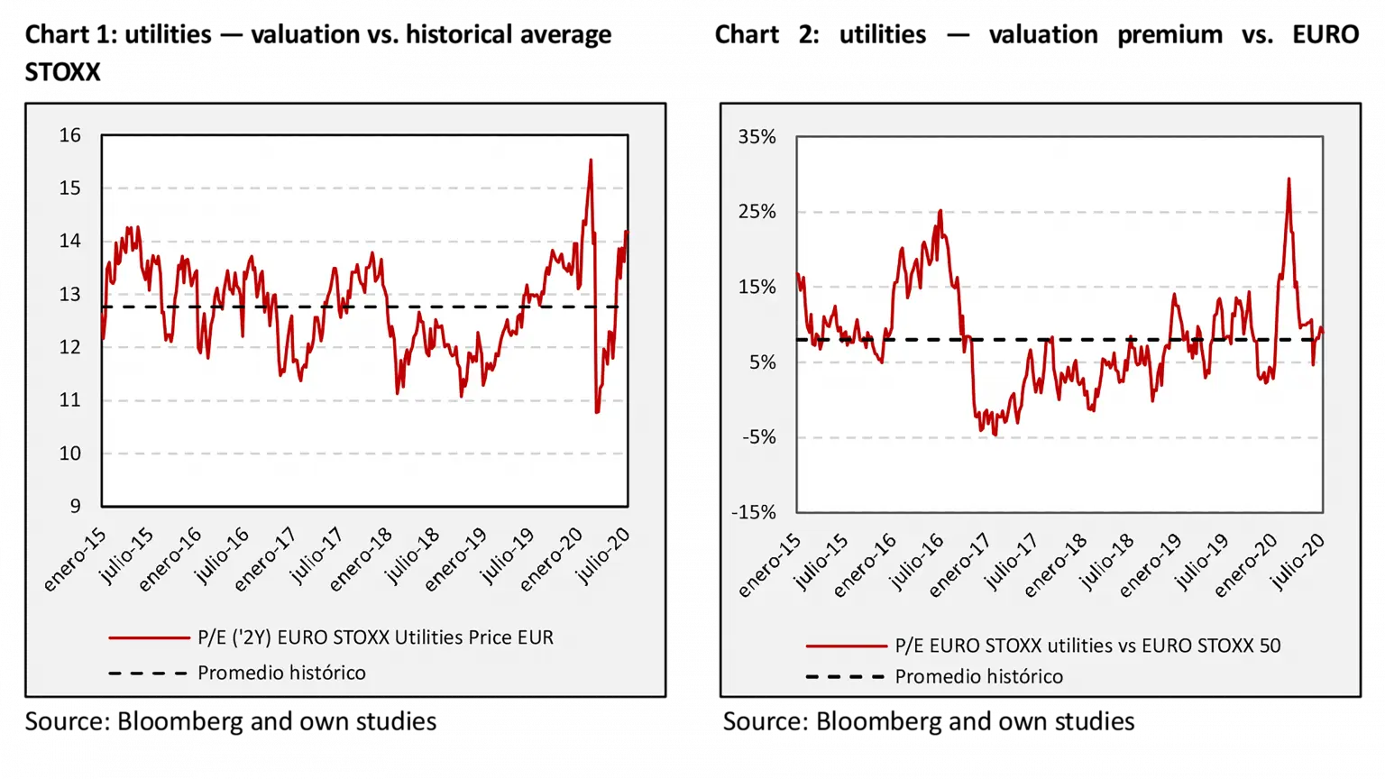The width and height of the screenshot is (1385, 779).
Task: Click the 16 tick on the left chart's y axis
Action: click(x=70, y=135)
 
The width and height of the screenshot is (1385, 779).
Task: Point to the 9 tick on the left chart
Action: click(x=76, y=506)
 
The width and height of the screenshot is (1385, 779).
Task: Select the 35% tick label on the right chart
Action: click(x=757, y=137)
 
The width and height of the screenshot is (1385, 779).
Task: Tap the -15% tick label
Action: click(x=754, y=512)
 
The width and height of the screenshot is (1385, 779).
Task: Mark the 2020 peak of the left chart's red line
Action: click(x=591, y=160)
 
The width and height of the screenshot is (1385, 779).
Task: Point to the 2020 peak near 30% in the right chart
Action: click(x=1289, y=179)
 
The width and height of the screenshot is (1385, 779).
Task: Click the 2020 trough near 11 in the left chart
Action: click(x=597, y=412)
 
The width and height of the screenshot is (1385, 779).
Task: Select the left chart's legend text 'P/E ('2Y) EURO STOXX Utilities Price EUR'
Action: click(x=375, y=637)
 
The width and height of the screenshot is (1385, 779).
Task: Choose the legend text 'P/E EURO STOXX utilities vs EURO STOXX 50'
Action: click(x=1087, y=646)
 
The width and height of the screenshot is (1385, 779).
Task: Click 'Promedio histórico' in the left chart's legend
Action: click(x=281, y=673)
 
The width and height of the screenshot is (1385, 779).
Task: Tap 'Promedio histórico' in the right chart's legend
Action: click(x=978, y=676)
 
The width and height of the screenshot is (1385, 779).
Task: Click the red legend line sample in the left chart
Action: click(x=149, y=637)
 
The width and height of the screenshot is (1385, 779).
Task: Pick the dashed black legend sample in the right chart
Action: click(x=845, y=676)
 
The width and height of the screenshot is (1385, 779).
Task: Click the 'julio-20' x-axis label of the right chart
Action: click(x=1298, y=561)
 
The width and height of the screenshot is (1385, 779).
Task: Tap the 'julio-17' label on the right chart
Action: click(x=1011, y=561)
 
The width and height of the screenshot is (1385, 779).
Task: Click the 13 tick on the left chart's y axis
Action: click(x=70, y=295)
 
